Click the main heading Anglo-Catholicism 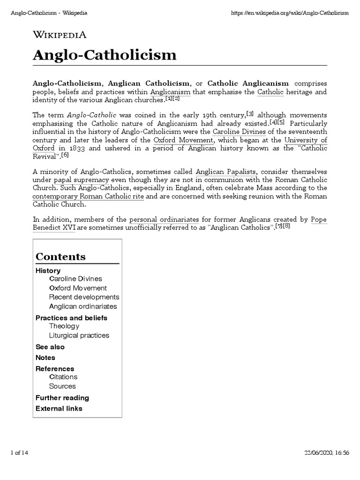105,55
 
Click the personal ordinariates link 164,219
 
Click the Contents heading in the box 60,256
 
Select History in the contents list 48,270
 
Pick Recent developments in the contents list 84,297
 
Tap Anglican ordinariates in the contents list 83,306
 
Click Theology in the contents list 64,326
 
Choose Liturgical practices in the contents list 79,335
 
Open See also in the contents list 50,347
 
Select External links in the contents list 59,408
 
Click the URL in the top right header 290,13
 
